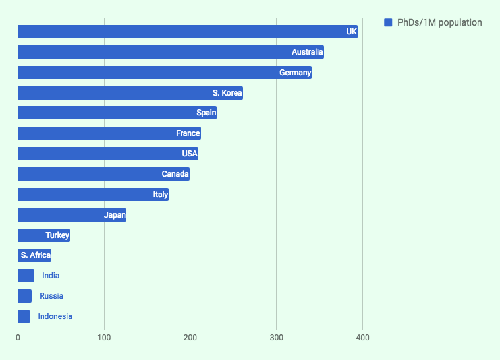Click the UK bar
point(188,32)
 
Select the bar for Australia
point(171,52)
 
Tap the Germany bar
point(165,73)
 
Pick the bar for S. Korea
point(130,93)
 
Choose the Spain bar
point(117,113)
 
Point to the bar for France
point(109,133)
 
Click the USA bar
point(108,154)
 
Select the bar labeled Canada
point(103,174)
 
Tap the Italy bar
point(93,195)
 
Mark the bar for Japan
point(72,215)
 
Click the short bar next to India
point(26,276)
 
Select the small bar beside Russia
point(24,296)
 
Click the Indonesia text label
point(55,316)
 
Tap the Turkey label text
point(57,235)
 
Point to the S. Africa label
point(36,255)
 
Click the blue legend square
point(388,23)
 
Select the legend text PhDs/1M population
point(439,23)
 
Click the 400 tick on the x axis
point(362,338)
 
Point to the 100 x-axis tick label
point(104,338)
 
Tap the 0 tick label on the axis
point(18,338)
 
